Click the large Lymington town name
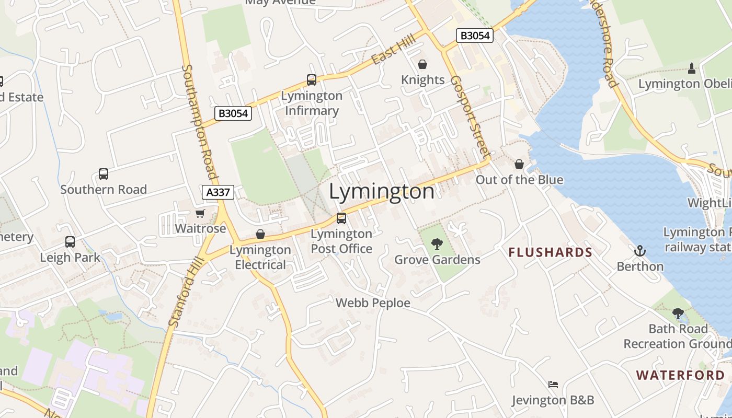(x=382, y=192)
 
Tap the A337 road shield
(x=218, y=192)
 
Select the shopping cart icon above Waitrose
(x=200, y=213)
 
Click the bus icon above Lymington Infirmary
(x=312, y=80)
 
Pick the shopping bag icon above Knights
(x=422, y=64)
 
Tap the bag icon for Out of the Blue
(x=519, y=164)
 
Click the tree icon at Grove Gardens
(x=437, y=243)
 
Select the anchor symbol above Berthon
(x=639, y=251)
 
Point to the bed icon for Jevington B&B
(x=553, y=385)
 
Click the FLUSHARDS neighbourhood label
(x=551, y=253)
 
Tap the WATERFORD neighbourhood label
(x=680, y=375)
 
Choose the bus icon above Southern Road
(x=104, y=174)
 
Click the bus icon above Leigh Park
(x=70, y=242)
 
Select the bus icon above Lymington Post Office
(x=341, y=218)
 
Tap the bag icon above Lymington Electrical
(x=260, y=234)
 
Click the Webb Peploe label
(x=373, y=303)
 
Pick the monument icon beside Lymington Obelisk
(x=692, y=68)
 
